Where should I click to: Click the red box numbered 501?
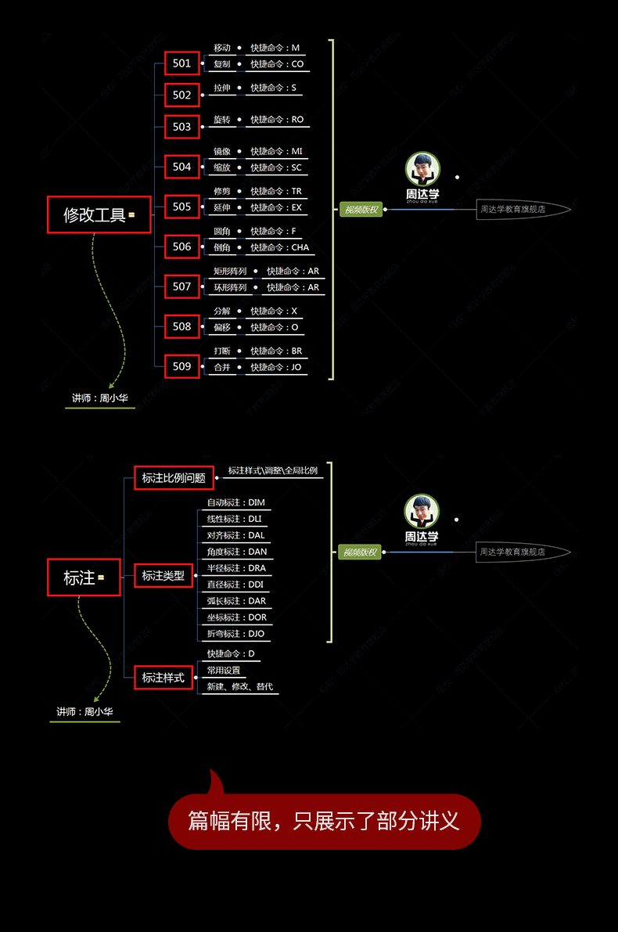(x=181, y=63)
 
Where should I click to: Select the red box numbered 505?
(x=181, y=207)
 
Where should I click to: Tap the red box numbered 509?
(x=181, y=366)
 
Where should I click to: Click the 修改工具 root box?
(x=99, y=214)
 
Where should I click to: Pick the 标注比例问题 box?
(x=174, y=478)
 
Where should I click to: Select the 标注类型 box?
(x=163, y=576)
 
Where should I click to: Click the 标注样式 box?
(x=163, y=678)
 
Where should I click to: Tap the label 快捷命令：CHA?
(x=279, y=247)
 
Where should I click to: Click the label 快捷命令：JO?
(x=275, y=367)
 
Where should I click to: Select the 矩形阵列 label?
(x=230, y=272)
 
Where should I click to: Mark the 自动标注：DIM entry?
(x=235, y=502)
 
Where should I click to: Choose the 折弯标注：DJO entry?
(x=235, y=634)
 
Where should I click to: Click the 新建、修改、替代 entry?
(x=239, y=687)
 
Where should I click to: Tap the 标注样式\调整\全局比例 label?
(x=273, y=471)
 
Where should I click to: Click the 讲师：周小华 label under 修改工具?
(x=99, y=398)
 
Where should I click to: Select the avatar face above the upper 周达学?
(x=422, y=169)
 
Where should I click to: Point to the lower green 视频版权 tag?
(x=360, y=552)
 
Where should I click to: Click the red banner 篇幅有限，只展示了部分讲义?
(x=324, y=821)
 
